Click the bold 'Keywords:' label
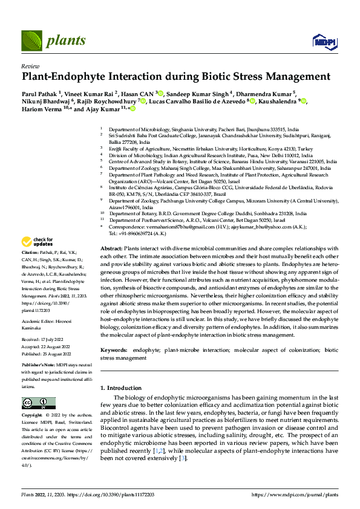(x=113, y=350)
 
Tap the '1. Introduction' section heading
(x=125, y=387)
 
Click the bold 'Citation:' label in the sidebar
(x=30, y=268)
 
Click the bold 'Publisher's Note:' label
(x=39, y=366)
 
